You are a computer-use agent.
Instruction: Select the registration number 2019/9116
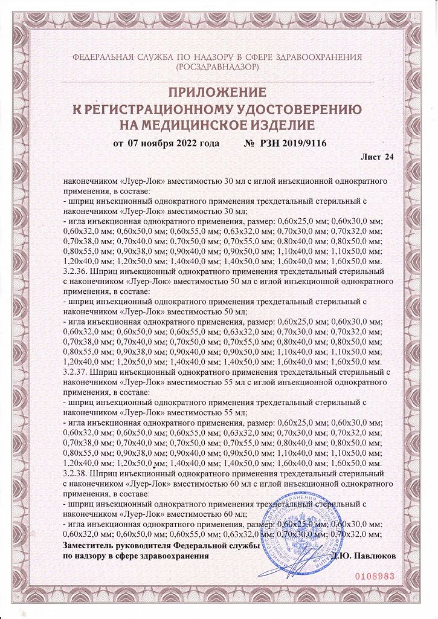pyautogui.click(x=304, y=144)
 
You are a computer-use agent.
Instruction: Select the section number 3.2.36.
pyautogui.click(x=76, y=272)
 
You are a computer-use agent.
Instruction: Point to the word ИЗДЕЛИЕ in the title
pyautogui.click(x=281, y=125)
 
